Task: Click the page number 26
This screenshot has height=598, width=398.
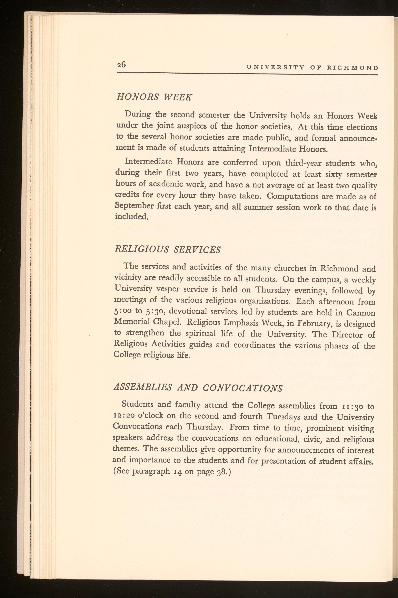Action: [x=121, y=65]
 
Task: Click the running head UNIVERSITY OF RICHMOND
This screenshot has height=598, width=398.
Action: [x=312, y=68]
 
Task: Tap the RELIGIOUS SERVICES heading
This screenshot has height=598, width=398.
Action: [x=168, y=249]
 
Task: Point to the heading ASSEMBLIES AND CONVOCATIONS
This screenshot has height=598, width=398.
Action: [x=198, y=388]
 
